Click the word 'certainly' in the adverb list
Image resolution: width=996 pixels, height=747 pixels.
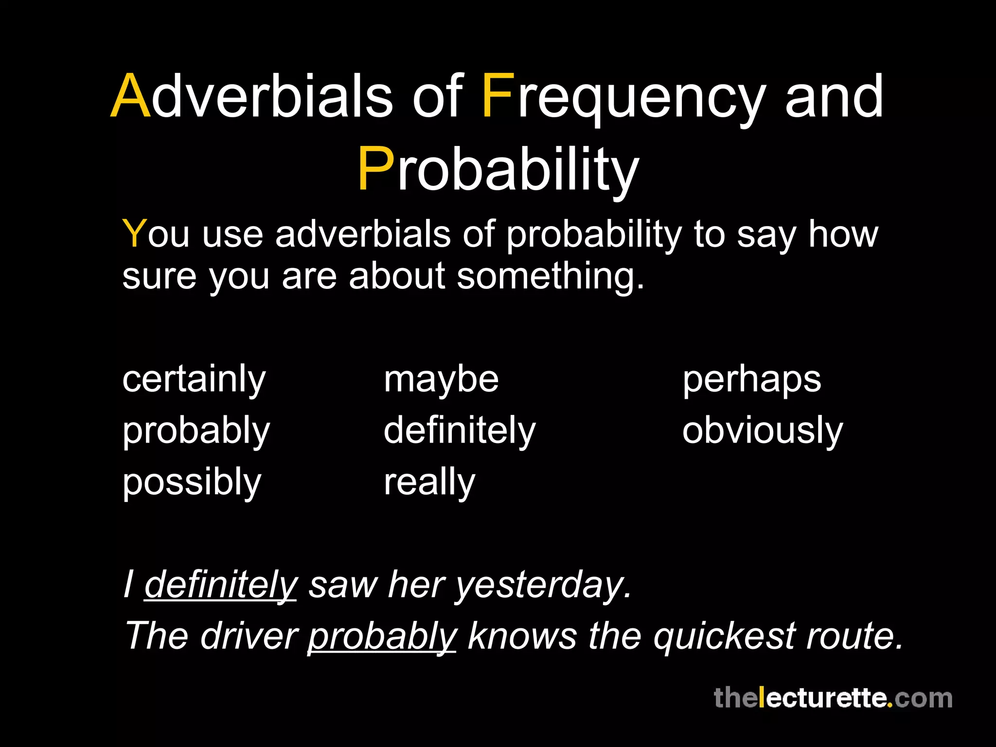tap(194, 380)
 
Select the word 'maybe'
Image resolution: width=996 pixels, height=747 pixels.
tap(441, 380)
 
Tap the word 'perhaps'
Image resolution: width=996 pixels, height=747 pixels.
tap(751, 380)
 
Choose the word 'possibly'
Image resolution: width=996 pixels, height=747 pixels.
tap(192, 483)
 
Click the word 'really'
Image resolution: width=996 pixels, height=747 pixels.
tap(429, 483)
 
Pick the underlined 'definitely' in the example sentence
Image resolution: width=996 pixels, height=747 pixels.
tap(220, 585)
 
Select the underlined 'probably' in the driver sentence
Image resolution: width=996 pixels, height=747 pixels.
tap(382, 637)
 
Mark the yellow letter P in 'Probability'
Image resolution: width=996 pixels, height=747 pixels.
tap(375, 169)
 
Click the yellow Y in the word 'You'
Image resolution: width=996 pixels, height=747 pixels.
tap(134, 234)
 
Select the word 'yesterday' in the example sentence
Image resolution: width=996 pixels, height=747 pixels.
tap(542, 585)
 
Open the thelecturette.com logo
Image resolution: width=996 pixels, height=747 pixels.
tap(833, 698)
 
